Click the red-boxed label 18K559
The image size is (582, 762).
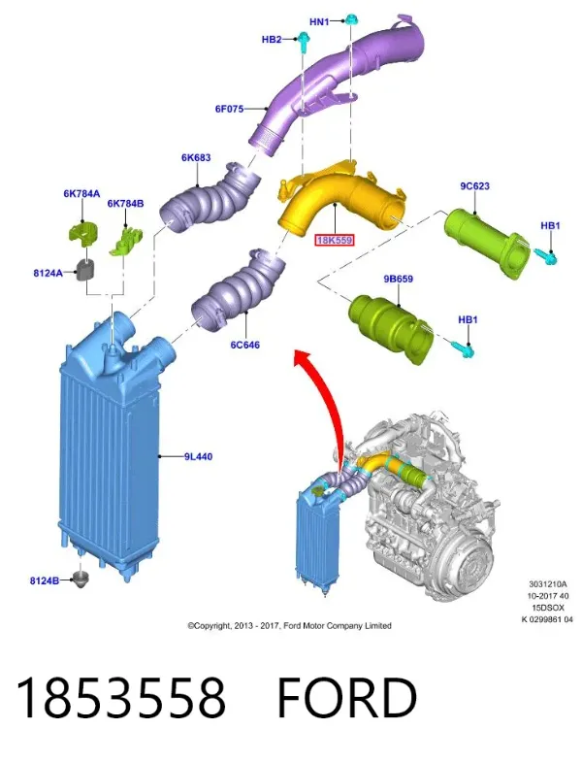335,240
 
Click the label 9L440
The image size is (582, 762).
198,457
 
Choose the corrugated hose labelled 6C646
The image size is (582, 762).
239,291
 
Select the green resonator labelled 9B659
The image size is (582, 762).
391,326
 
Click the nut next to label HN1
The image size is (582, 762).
350,19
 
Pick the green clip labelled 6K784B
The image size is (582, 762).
127,240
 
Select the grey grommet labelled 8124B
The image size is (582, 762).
80,580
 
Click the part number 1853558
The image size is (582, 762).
121,697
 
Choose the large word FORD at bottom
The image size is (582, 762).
347,697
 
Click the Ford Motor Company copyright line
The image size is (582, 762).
289,625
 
